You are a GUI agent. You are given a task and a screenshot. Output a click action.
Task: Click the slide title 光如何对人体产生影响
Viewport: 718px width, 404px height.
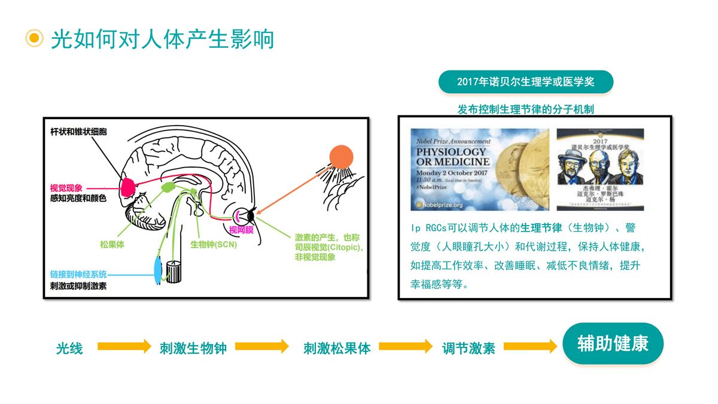pyautogui.click(x=162, y=39)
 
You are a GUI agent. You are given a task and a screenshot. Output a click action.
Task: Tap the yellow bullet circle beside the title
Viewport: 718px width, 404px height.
pyautogui.click(x=34, y=38)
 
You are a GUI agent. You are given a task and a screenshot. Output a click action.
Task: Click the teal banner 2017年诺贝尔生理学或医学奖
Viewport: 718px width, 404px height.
pyautogui.click(x=525, y=82)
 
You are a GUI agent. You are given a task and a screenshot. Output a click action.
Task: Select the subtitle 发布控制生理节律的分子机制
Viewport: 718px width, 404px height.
pyautogui.click(x=525, y=110)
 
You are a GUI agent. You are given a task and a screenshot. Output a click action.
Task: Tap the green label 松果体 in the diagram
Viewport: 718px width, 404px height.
pyautogui.click(x=112, y=245)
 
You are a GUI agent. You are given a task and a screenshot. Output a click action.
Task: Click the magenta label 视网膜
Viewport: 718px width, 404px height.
pyautogui.click(x=242, y=229)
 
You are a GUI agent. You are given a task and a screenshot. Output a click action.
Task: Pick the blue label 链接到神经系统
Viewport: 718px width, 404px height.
pyautogui.click(x=78, y=274)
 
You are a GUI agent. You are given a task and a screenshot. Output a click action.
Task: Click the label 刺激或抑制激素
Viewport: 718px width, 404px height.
pyautogui.click(x=78, y=285)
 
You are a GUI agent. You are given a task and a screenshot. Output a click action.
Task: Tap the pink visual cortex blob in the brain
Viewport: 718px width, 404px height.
pyautogui.click(x=127, y=186)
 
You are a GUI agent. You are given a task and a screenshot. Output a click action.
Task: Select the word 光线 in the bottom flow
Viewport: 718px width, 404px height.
pyautogui.click(x=69, y=348)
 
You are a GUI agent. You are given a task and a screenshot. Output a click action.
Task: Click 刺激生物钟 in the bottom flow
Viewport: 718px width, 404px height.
pyautogui.click(x=193, y=348)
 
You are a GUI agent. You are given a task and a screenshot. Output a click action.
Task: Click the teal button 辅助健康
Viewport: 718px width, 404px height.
pyautogui.click(x=612, y=344)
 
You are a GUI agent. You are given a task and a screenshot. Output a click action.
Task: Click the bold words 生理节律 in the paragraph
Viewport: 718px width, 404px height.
pyautogui.click(x=541, y=228)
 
